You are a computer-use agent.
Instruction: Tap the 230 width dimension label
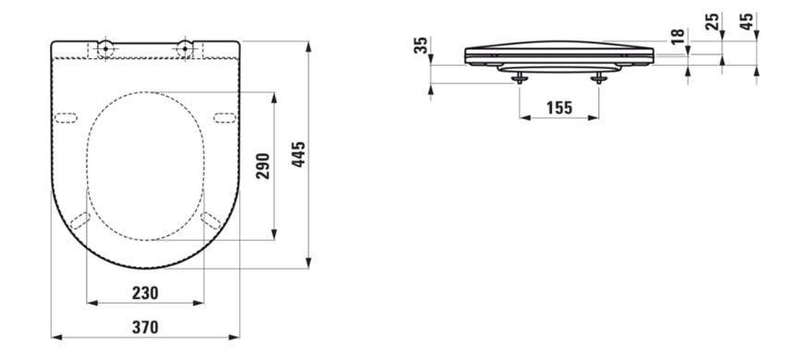point(144,293)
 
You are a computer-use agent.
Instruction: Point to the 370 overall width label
point(144,327)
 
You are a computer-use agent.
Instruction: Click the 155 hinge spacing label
point(559,108)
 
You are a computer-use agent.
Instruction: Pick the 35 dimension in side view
point(422,46)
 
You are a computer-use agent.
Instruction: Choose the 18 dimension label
point(679,37)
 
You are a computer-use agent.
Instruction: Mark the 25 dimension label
point(712,22)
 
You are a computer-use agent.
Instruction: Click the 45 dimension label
point(747,22)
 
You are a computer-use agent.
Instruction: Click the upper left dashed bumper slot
point(67,117)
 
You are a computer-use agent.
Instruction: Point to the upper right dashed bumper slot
point(223,117)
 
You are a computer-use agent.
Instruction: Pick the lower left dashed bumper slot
point(79,220)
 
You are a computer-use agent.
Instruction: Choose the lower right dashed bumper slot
point(211,220)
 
